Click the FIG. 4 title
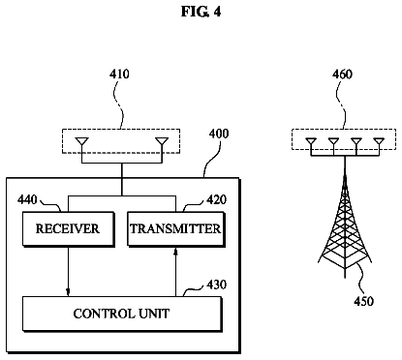click(201, 12)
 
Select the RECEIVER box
click(69, 229)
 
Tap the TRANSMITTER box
click(176, 229)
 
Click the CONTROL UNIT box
click(122, 314)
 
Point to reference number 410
click(119, 74)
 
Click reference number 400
click(219, 134)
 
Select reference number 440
click(27, 199)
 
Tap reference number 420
click(216, 199)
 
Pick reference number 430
click(216, 285)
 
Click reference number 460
click(342, 75)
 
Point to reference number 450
click(364, 301)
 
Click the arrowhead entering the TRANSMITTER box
click(176, 252)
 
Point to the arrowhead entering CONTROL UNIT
click(68, 292)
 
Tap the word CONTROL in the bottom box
click(104, 314)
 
